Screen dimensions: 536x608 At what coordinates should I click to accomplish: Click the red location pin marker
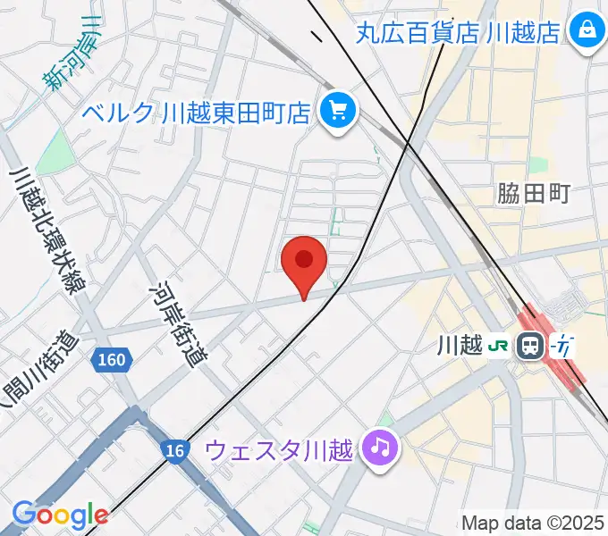[x=304, y=262]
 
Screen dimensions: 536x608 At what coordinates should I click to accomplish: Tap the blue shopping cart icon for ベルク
[x=339, y=112]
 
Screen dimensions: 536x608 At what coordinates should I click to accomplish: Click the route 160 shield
[x=113, y=360]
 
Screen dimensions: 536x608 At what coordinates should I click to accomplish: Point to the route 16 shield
[x=177, y=451]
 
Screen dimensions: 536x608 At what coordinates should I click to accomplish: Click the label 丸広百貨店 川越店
[x=458, y=33]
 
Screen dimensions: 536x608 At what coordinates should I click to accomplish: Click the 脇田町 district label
[x=534, y=194]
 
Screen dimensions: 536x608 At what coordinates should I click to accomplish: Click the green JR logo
[x=501, y=344]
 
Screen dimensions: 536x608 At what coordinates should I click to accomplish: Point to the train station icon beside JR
[x=531, y=344]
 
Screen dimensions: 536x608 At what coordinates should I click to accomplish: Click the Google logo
[x=60, y=515]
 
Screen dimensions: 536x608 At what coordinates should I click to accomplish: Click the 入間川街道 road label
[x=27, y=375]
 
